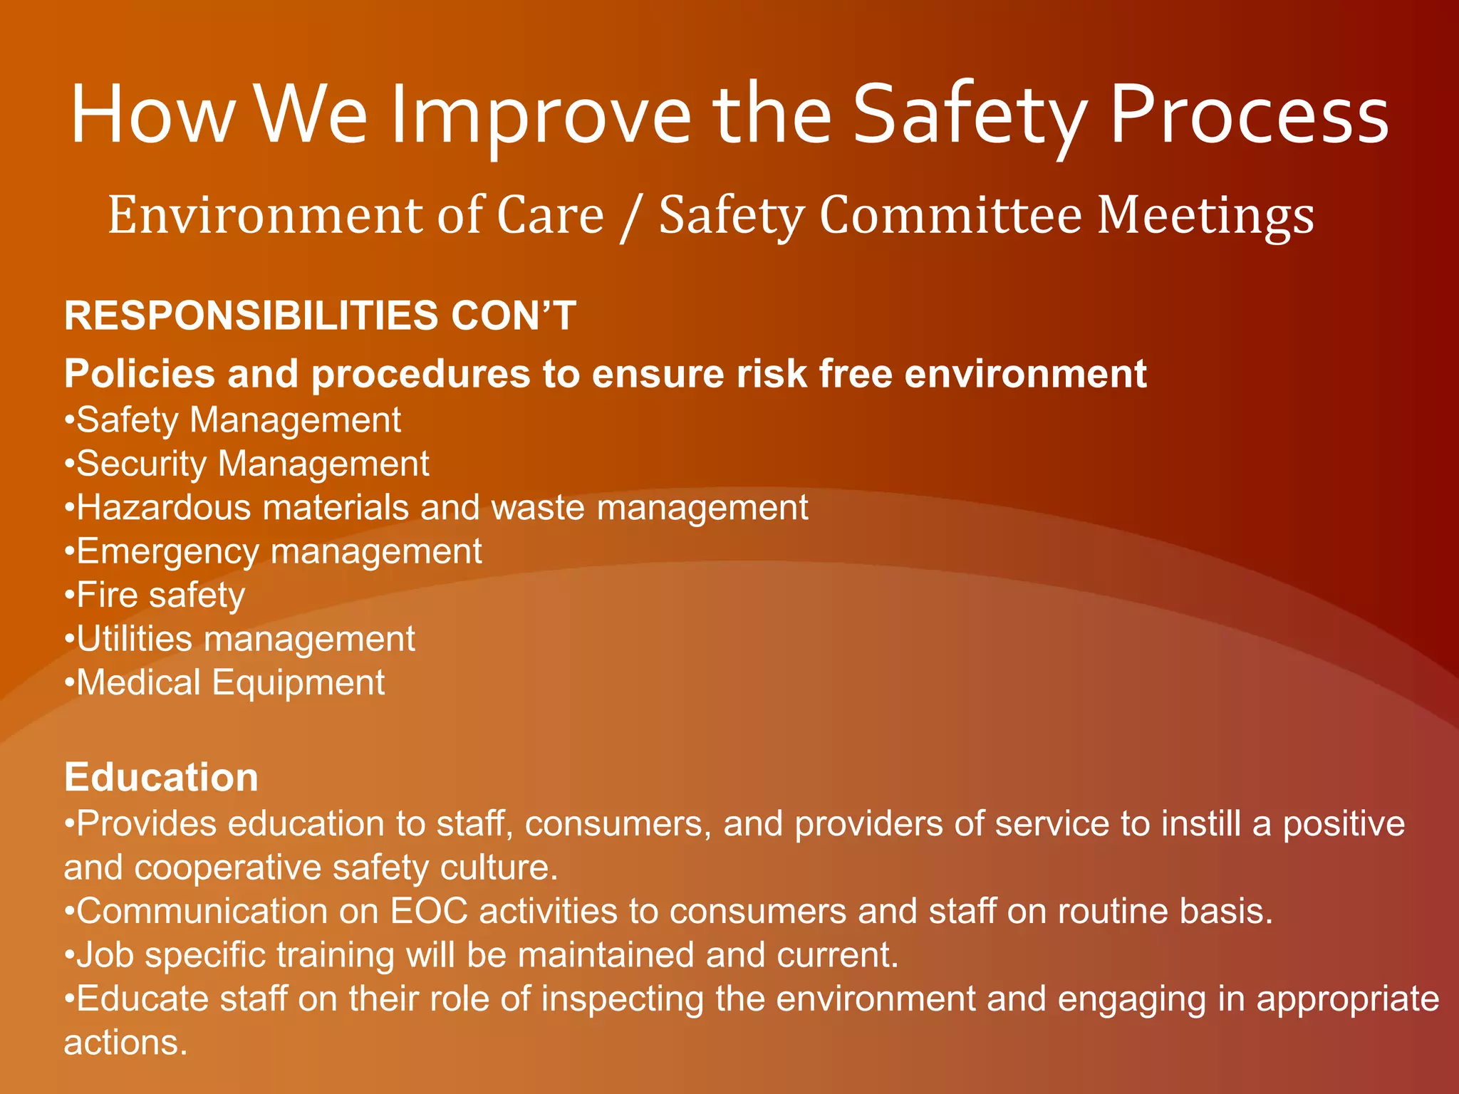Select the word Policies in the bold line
click(x=140, y=374)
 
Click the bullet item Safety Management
click(x=238, y=420)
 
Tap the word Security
click(x=141, y=464)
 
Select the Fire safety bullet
click(x=160, y=595)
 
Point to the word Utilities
click(x=134, y=640)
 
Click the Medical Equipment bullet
click(x=230, y=683)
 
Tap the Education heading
click(x=161, y=777)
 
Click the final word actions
click(x=125, y=1043)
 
